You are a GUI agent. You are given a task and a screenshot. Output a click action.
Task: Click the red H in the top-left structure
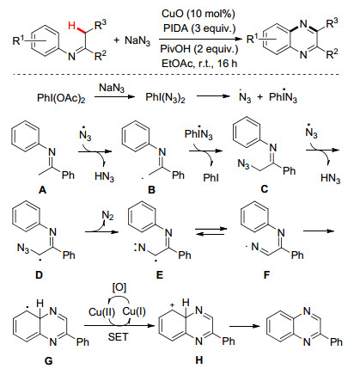tap(72, 26)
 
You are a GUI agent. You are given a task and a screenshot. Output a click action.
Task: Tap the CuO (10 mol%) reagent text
tap(198, 14)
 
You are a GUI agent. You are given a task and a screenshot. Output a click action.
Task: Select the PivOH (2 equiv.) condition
tap(199, 49)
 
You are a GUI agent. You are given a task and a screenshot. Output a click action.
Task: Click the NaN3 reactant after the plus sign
tap(137, 40)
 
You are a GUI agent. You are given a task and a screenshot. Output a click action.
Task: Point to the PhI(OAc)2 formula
tap(61, 98)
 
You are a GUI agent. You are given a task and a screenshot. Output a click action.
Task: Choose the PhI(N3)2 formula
tap(165, 98)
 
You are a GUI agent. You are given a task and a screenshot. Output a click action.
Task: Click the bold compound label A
tap(42, 189)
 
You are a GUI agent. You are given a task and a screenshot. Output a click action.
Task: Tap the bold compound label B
tap(151, 189)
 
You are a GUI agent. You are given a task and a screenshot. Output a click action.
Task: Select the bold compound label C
tap(265, 189)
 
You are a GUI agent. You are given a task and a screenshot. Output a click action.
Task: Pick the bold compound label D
tap(39, 275)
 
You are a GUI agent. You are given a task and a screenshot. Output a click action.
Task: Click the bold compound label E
tap(160, 275)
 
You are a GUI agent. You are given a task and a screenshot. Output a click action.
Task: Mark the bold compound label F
tap(266, 275)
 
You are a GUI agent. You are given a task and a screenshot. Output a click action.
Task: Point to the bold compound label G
tap(49, 360)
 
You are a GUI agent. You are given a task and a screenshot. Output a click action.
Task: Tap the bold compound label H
tap(199, 360)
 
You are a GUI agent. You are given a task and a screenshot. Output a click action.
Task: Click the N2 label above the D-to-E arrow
tap(107, 216)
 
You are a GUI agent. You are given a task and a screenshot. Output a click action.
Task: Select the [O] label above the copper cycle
tap(119, 287)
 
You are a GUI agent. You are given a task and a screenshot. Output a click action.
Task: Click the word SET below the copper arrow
tap(119, 337)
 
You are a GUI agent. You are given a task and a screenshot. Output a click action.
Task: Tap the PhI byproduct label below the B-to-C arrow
tap(211, 178)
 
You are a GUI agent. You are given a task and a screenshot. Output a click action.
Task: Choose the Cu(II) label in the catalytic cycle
tap(101, 312)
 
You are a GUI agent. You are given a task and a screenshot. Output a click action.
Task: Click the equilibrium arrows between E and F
tap(211, 231)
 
